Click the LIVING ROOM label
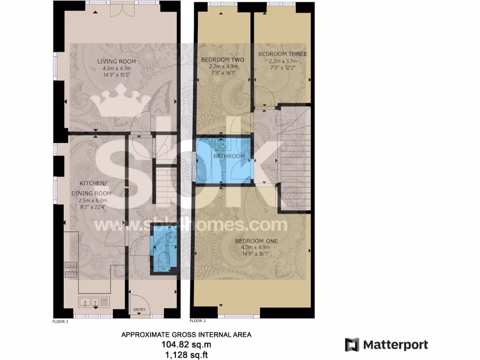pyautogui.click(x=116, y=61)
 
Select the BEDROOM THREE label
pyautogui.click(x=283, y=54)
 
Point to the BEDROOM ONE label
pyautogui.click(x=259, y=241)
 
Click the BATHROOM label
pyautogui.click(x=230, y=156)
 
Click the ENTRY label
pyautogui.click(x=139, y=310)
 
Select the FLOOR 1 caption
pyautogui.click(x=60, y=322)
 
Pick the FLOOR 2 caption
pyautogui.click(x=197, y=321)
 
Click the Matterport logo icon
pyautogui.click(x=352, y=345)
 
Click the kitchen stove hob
pyautogui.click(x=71, y=269)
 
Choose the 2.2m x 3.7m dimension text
pyautogui.click(x=283, y=61)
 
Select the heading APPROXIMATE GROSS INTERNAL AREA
pyautogui.click(x=186, y=335)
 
